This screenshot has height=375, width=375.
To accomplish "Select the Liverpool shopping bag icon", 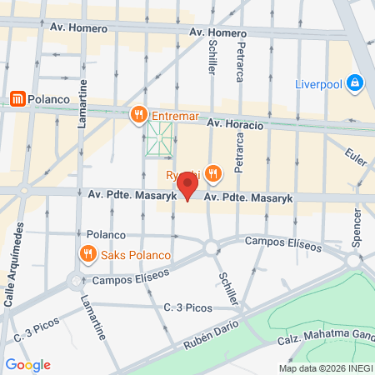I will [x=355, y=82].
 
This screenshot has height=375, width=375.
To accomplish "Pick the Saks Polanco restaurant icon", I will [x=87, y=252].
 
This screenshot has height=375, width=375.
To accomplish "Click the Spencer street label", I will [x=357, y=227].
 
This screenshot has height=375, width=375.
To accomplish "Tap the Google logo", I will [x=27, y=365].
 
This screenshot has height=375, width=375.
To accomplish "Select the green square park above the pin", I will [x=159, y=138].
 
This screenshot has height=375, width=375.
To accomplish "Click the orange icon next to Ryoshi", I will [x=214, y=173].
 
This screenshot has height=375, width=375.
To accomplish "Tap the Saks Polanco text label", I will [x=136, y=254].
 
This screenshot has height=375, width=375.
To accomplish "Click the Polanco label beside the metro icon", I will [x=47, y=98].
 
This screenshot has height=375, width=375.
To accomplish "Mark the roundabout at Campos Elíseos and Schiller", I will [x=211, y=247].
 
